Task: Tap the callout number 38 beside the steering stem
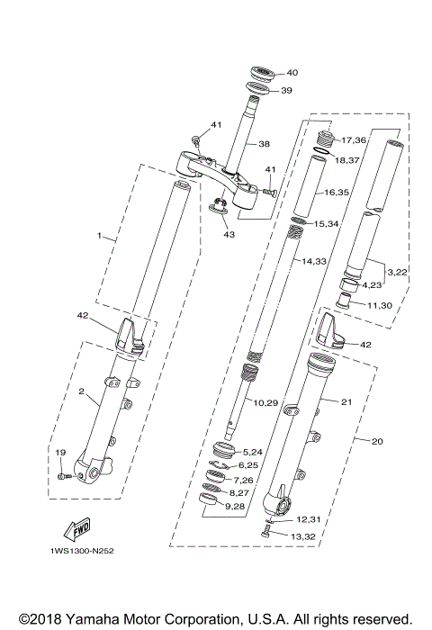coord(265,144)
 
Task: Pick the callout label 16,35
coord(336,193)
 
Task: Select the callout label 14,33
coord(314,261)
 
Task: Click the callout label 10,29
coord(265,403)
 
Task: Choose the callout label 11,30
coord(380,306)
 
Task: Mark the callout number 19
coord(60,453)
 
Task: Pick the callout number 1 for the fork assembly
coord(100,236)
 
